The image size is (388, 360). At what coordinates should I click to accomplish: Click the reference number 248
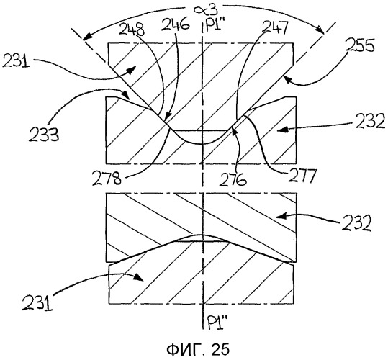tap(132, 30)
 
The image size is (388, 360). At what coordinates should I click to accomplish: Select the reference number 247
tap(275, 27)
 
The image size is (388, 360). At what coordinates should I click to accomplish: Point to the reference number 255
tap(360, 45)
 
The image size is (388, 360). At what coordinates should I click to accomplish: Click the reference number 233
tap(44, 135)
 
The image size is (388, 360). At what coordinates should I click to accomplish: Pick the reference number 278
tap(107, 178)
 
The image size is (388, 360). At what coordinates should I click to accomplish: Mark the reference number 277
tap(302, 175)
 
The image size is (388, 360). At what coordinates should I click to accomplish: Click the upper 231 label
tap(16, 61)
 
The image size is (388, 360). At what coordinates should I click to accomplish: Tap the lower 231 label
tap(37, 303)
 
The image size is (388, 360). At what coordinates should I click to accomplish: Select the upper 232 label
tap(371, 121)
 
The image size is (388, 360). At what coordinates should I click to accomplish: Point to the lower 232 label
tap(357, 223)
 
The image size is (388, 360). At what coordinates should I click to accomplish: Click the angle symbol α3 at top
tap(206, 10)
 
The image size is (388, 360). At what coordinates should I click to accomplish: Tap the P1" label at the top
tap(215, 26)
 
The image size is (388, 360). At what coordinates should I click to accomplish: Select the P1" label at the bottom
tap(215, 323)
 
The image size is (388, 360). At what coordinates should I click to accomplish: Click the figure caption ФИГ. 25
tap(198, 349)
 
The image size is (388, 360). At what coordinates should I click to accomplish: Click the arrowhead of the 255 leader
tap(287, 80)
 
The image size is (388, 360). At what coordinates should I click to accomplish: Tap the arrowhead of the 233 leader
tap(126, 95)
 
